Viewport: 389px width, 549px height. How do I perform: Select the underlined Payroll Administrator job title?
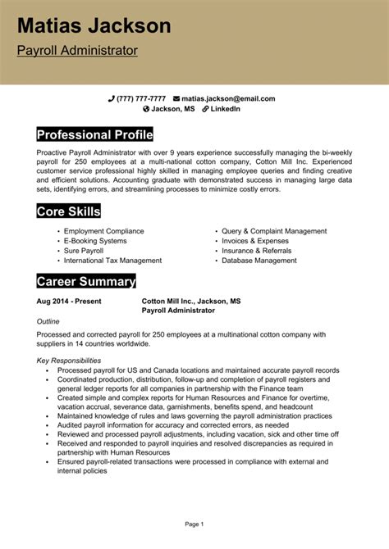(77, 51)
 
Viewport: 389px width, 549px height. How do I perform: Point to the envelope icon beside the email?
(176, 98)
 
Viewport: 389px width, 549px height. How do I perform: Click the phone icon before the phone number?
(112, 98)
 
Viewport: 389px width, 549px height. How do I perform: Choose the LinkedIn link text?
(226, 108)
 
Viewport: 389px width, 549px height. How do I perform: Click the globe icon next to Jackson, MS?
(147, 108)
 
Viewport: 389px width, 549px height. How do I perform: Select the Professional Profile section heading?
(95, 134)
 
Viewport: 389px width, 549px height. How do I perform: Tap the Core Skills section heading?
(69, 211)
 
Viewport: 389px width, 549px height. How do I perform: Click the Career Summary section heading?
(86, 282)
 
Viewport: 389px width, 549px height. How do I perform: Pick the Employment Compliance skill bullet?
(103, 231)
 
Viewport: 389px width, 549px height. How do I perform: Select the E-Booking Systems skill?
(95, 241)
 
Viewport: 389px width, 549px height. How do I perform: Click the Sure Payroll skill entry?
(85, 251)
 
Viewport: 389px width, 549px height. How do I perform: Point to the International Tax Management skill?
(112, 261)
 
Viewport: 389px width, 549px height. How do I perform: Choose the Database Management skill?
(259, 261)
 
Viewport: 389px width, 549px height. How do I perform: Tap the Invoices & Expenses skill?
(255, 241)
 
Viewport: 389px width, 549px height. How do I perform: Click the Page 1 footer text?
(194, 523)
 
